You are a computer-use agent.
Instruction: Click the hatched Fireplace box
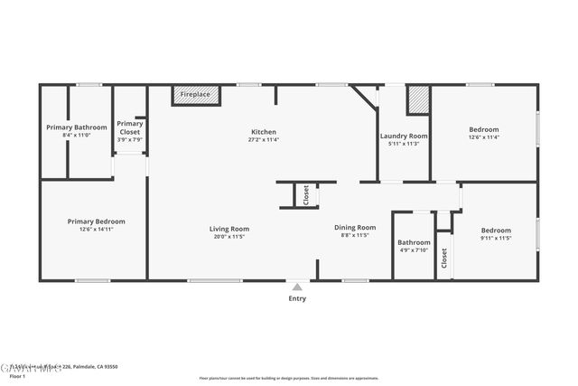tap(194, 95)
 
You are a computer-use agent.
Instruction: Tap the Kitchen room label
tap(264, 132)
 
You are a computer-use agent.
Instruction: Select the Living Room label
tap(228, 229)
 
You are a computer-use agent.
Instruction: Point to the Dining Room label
tap(354, 228)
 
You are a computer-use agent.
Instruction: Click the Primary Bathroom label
tap(77, 127)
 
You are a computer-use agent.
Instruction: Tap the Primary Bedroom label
tap(96, 221)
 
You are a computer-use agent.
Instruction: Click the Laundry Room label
tap(403, 136)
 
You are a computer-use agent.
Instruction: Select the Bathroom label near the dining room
tap(414, 242)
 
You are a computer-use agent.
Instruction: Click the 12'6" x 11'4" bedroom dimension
tap(483, 137)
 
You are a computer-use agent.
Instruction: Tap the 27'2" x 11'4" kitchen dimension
tap(264, 140)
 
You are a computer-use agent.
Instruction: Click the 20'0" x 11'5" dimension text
tap(228, 237)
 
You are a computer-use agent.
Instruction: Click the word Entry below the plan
tap(297, 298)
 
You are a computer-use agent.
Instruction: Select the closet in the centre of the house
tap(305, 195)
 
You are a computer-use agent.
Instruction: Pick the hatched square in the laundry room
tap(417, 100)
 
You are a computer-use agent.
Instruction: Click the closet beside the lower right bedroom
tap(444, 258)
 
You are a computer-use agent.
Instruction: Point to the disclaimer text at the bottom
tap(289, 378)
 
